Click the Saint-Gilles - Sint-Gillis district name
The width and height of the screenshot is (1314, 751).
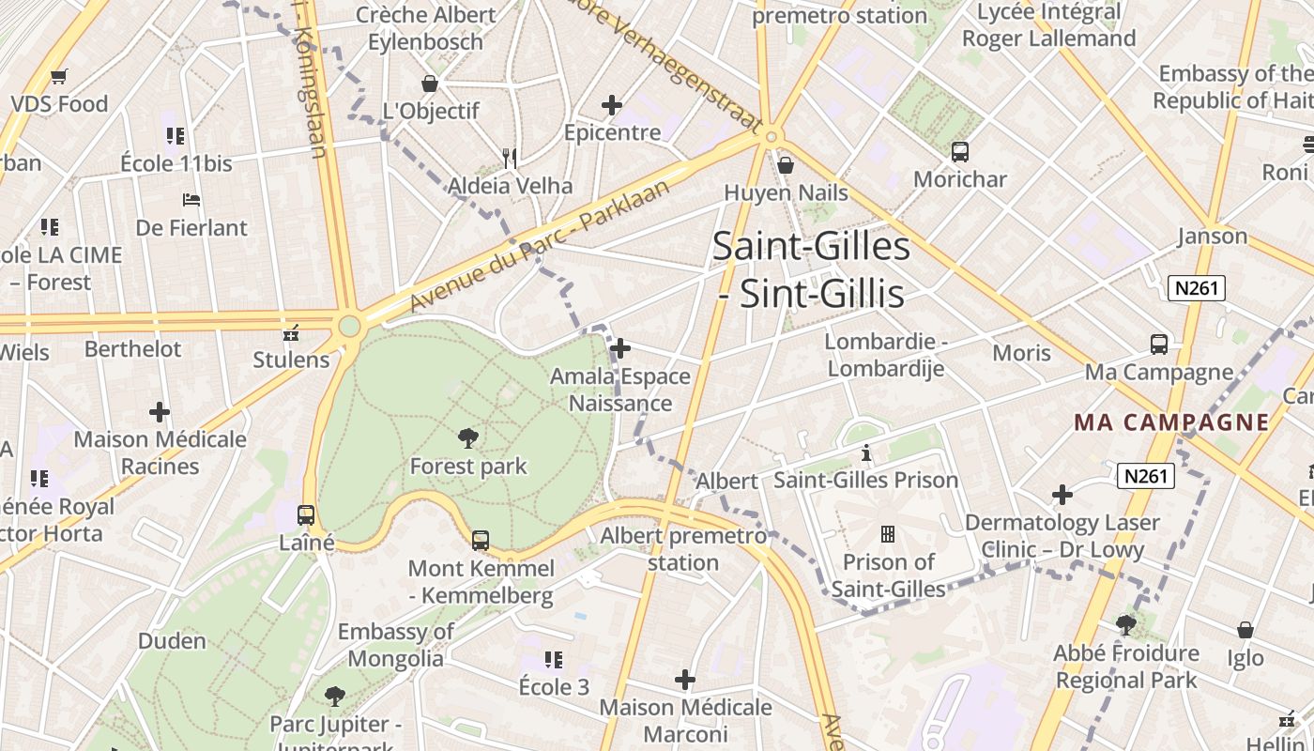click(811, 270)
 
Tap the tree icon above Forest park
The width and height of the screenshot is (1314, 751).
click(467, 437)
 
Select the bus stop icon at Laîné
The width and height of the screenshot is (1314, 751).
click(306, 514)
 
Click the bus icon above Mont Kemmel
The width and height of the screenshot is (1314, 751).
click(481, 540)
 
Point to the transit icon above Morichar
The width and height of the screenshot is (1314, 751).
click(959, 151)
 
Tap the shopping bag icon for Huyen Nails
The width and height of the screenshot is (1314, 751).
click(786, 165)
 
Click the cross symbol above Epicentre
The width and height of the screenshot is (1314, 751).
click(612, 105)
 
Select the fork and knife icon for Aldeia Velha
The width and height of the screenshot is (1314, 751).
click(510, 158)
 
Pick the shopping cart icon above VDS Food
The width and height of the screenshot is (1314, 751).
click(59, 76)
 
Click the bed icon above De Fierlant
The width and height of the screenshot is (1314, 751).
click(191, 200)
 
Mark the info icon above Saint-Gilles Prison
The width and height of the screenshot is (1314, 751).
click(865, 453)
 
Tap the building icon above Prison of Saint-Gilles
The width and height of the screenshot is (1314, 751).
click(887, 534)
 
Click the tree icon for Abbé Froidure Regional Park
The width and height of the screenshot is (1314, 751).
click(1125, 624)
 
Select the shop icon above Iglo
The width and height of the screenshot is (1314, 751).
click(1245, 630)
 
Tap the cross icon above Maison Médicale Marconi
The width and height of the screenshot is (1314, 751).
click(685, 679)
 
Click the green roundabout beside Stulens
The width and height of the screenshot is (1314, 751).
click(349, 327)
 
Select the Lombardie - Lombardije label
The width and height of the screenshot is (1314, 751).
click(886, 355)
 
